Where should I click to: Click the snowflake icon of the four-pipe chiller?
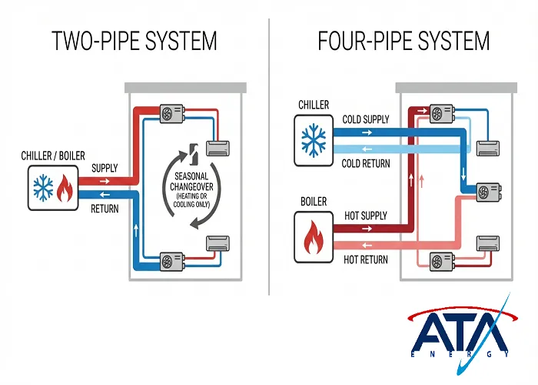[313, 139]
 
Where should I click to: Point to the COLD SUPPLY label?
[366, 121]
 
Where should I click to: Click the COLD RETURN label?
[366, 163]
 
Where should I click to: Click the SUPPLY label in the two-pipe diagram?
[105, 168]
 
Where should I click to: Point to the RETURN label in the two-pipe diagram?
[105, 209]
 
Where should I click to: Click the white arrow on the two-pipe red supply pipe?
[105, 181]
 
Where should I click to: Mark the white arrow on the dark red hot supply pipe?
[365, 229]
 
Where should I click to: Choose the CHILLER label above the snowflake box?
[314, 105]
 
